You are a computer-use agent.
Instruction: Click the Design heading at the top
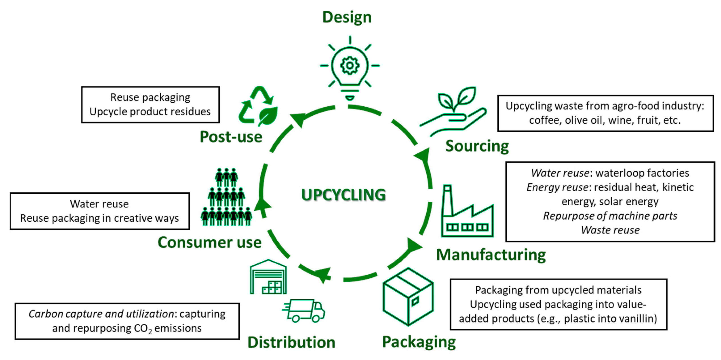pos(347,17)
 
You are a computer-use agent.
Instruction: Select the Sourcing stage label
pos(477,146)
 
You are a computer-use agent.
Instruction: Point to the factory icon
pos(467,213)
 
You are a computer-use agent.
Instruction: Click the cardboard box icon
pos(408,297)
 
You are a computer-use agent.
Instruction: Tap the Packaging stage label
pos(419,342)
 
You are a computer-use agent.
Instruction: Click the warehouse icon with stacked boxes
pos(268,277)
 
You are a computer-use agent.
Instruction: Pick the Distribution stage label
pos(291,342)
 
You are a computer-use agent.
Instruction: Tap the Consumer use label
pos(210,242)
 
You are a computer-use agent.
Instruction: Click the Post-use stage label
pos(231,137)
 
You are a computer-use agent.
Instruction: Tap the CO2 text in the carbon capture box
pos(143,329)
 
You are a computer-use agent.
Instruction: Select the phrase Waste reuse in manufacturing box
pos(610,230)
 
